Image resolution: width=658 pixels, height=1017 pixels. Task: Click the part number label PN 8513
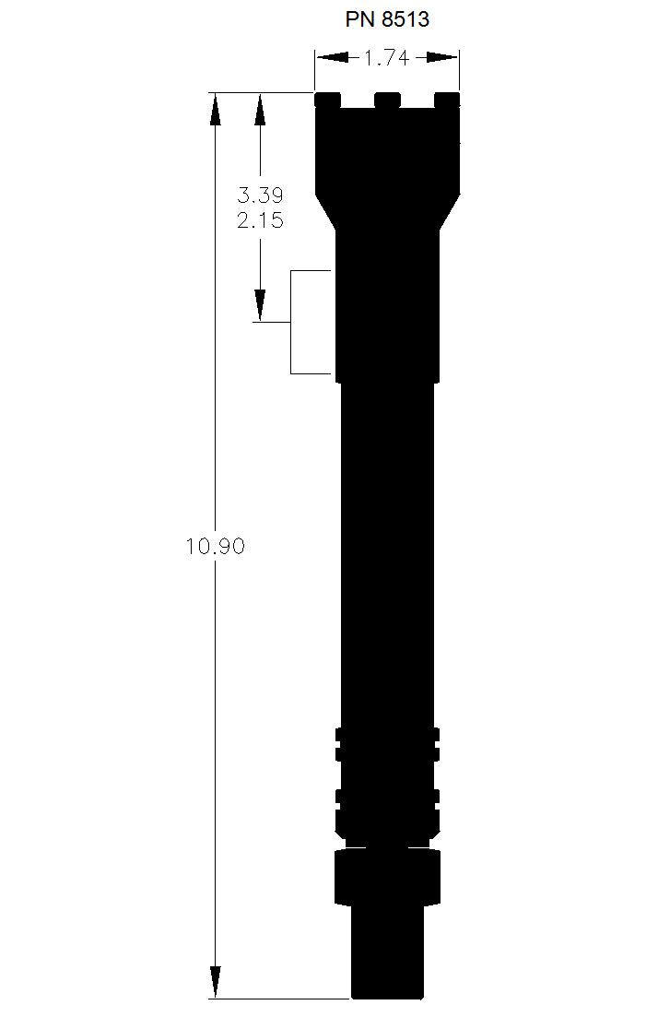tap(387, 19)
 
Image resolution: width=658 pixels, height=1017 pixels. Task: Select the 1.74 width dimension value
tap(386, 58)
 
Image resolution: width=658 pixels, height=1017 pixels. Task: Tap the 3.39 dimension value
tap(259, 195)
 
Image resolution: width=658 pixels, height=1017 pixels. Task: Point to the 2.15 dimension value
tap(259, 221)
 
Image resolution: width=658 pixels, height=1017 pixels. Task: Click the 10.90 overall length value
tap(215, 546)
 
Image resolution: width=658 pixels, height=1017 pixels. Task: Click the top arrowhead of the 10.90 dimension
tap(215, 108)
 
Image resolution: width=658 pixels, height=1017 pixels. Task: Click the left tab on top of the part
tap(327, 99)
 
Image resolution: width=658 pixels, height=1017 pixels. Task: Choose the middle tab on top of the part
tap(388, 99)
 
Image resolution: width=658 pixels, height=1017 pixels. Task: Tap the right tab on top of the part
tap(448, 99)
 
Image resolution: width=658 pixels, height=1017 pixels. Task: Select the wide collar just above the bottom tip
tap(387, 876)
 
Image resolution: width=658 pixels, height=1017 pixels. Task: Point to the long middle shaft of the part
tap(387, 553)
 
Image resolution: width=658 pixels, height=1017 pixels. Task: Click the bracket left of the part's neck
tap(293, 323)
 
